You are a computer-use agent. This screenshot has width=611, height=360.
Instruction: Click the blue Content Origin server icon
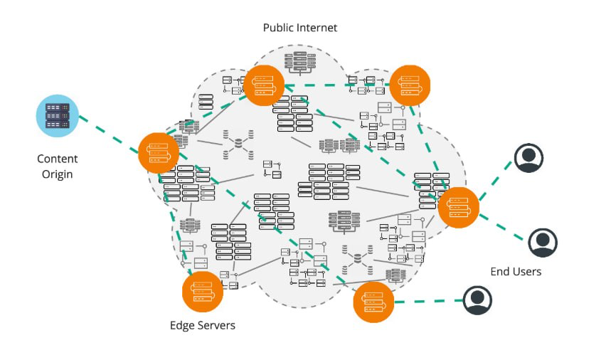tap(57, 115)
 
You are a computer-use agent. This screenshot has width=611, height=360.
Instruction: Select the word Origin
tap(58, 174)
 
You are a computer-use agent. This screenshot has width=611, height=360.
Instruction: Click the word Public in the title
tap(280, 28)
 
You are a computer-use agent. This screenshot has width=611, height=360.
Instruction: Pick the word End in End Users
tap(500, 272)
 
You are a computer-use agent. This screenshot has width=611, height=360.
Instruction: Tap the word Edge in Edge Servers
tap(183, 325)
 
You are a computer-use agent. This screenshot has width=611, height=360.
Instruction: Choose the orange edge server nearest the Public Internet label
tap(264, 85)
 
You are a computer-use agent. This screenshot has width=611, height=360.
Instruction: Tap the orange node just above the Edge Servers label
tap(203, 292)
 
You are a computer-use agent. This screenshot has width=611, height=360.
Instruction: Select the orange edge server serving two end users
tap(458, 207)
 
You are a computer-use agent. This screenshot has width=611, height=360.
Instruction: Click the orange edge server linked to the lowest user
tap(374, 302)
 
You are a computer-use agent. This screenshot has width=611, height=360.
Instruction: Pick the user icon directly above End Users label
tap(543, 243)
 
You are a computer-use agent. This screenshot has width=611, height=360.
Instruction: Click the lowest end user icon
tap(477, 300)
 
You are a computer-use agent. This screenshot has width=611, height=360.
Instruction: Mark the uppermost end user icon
tap(528, 158)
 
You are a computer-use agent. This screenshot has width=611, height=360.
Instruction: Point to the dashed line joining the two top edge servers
tap(338, 85)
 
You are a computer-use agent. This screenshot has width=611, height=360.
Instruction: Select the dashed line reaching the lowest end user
tap(427, 301)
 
